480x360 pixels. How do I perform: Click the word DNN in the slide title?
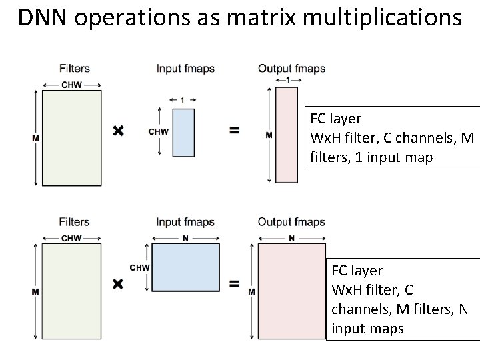click(x=43, y=18)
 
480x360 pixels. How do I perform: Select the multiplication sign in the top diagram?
click(x=118, y=131)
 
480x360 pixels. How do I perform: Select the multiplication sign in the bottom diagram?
click(x=118, y=284)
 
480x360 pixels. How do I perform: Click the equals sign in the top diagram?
click(x=234, y=131)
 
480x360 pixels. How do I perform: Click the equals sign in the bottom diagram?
click(x=234, y=284)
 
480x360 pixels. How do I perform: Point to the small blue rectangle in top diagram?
click(x=183, y=131)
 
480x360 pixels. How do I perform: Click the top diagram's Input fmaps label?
click(x=185, y=68)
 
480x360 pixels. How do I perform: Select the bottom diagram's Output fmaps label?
click(x=291, y=222)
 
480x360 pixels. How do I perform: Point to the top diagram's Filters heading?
click(x=74, y=68)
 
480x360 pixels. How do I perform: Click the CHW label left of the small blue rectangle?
click(x=159, y=131)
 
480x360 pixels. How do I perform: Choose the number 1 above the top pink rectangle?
click(x=287, y=80)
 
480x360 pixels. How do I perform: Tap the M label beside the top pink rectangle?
click(x=269, y=135)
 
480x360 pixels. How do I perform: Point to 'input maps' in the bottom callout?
click(x=367, y=329)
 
